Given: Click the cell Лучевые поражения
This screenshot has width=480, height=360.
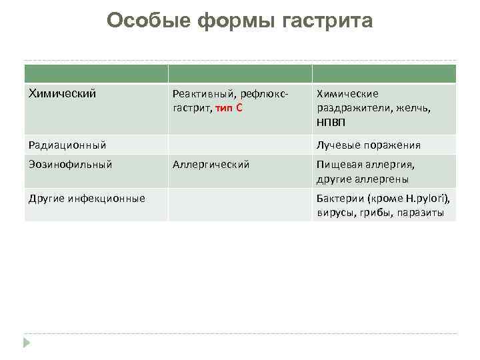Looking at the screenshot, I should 369,145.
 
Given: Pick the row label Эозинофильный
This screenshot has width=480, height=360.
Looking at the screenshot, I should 70,163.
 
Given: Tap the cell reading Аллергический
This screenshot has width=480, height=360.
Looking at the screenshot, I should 211,164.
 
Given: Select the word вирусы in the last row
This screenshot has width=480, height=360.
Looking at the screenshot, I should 336,213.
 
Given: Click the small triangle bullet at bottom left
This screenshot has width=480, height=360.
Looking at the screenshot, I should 27,343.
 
